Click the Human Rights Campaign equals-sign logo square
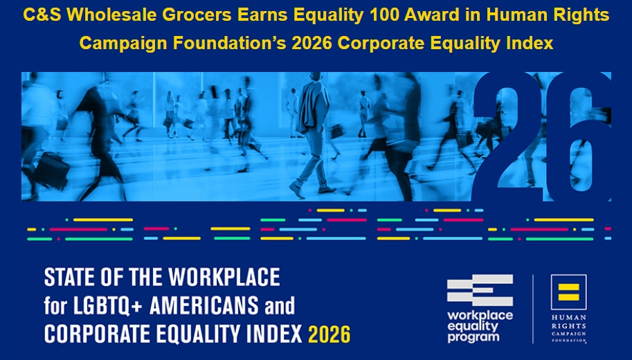(x=568, y=291)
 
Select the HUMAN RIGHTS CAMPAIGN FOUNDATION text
(x=568, y=326)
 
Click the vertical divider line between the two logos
(x=533, y=308)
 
